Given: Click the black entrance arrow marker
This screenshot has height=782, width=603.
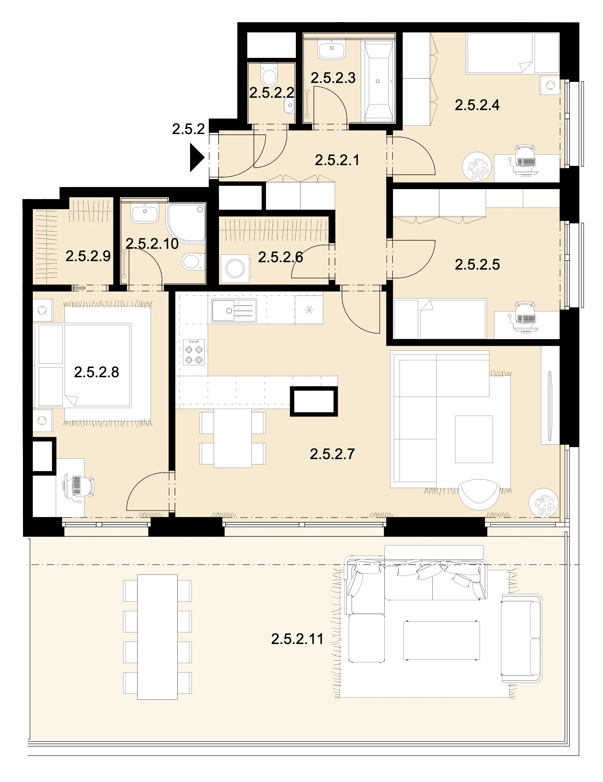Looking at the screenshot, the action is [196, 157].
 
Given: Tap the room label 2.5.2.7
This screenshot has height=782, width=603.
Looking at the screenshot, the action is [332, 455].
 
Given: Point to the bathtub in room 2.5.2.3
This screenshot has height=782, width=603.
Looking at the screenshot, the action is [378, 82].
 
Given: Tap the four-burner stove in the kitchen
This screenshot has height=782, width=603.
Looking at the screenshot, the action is [194, 352].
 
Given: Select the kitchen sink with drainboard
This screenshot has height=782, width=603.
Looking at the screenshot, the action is [234, 311].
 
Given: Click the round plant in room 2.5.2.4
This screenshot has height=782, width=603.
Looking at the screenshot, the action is [477, 166].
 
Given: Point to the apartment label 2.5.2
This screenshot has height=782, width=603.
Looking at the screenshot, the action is [188, 129].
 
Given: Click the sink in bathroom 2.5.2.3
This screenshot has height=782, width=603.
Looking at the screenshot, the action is [332, 49].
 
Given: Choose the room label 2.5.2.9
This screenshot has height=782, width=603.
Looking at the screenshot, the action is [88, 256].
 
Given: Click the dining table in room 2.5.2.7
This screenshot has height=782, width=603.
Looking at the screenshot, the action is [233, 438].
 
